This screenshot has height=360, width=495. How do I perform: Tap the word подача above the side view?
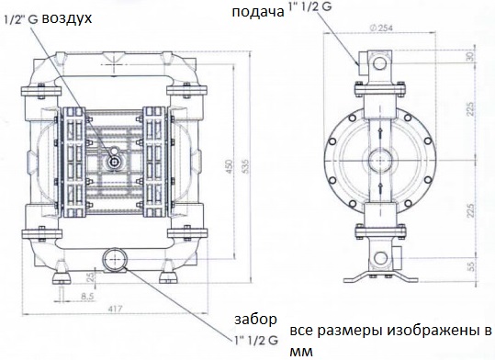(257, 12)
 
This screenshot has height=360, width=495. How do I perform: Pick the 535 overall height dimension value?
(245, 162)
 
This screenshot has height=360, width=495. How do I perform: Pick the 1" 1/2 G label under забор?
(255, 339)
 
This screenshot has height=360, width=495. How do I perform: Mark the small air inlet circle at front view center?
(114, 162)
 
